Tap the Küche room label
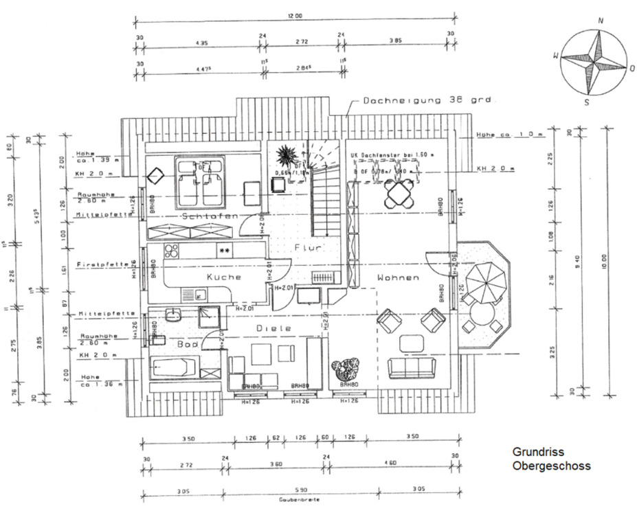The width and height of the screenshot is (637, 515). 224,277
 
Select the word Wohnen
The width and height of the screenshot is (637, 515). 398,278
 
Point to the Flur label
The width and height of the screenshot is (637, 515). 309,247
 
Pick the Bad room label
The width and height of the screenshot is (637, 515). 188,343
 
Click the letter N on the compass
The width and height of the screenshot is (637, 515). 601,21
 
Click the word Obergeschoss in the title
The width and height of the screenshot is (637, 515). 551,466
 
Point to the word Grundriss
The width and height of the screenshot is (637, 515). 538,453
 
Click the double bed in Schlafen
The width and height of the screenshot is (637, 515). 199,183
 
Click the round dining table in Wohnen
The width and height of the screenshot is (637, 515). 401,193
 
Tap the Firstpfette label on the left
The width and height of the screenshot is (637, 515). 94,264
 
